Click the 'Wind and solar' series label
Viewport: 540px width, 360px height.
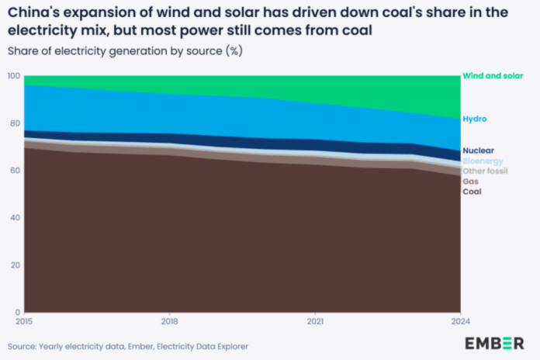click(x=493, y=76)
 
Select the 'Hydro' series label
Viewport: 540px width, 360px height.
click(x=474, y=119)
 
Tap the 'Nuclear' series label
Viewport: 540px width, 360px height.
click(x=478, y=151)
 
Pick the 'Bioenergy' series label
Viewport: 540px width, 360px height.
click(x=483, y=161)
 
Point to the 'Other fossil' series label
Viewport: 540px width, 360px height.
click(x=485, y=171)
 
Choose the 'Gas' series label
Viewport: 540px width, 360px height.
click(x=470, y=181)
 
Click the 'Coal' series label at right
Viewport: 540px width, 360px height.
click(x=472, y=191)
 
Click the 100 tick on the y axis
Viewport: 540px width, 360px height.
click(x=14, y=76)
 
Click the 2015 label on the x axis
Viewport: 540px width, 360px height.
click(x=25, y=320)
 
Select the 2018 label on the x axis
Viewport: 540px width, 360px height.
click(x=169, y=320)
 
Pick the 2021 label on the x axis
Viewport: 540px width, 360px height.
click(x=314, y=320)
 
